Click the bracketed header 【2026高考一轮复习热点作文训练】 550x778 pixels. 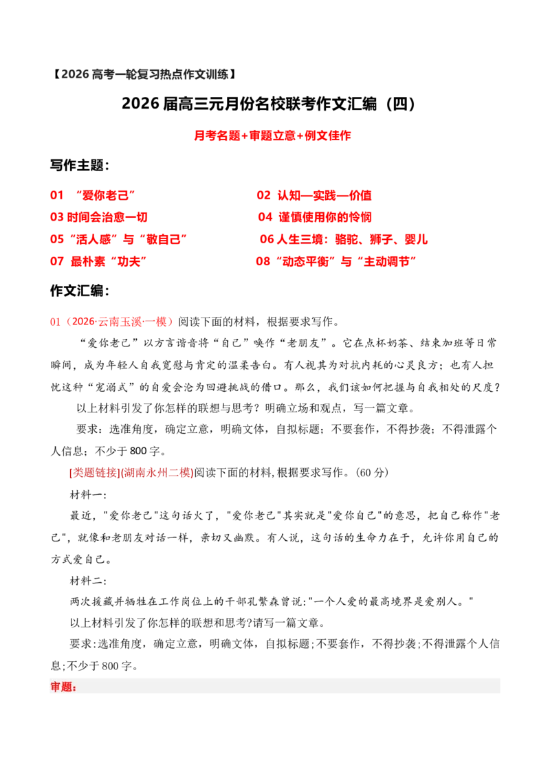coord(144,74)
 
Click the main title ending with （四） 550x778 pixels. coord(269,104)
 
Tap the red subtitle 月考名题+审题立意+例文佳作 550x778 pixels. coord(272,135)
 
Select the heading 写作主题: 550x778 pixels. coord(80,165)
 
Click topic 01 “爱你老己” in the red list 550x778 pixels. coord(92,195)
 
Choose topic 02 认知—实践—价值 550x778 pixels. coord(314,195)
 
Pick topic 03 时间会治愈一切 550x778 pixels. coord(99,216)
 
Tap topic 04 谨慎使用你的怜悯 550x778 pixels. coord(315,216)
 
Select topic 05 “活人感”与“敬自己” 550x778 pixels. coord(119,238)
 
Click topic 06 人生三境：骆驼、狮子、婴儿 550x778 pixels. coord(344,238)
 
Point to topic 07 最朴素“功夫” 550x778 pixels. coord(98,261)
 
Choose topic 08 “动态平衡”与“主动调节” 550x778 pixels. coord(336,261)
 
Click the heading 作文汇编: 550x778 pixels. coord(80,291)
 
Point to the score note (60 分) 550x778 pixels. coord(372,472)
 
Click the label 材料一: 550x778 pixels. coord(88,495)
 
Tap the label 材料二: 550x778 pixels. coord(88,581)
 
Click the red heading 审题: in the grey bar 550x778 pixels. coord(63,687)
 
